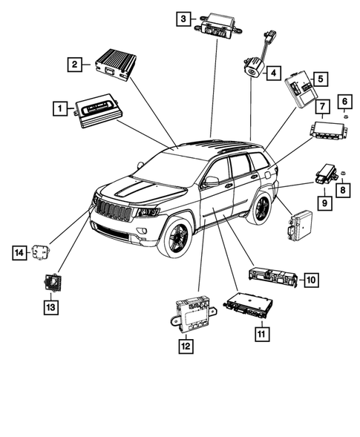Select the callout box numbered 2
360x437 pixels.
pyautogui.click(x=73, y=65)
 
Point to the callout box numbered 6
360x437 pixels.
pyautogui.click(x=346, y=100)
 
